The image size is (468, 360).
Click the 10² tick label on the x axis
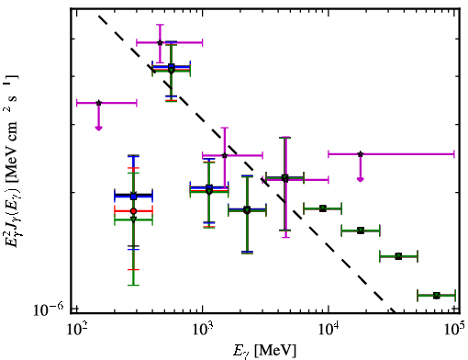(x=76, y=330)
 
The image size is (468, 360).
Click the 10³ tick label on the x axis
(x=202, y=330)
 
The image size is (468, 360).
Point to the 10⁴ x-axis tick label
(x=329, y=330)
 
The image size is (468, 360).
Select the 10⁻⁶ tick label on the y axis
(x=49, y=309)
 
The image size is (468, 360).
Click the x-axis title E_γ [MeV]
(x=264, y=351)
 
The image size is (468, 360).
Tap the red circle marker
(x=133, y=211)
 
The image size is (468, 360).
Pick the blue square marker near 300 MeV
(x=133, y=197)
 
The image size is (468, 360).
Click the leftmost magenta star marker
(x=98, y=103)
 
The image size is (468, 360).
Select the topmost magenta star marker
(x=160, y=42)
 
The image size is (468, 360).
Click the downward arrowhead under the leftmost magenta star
(x=98, y=129)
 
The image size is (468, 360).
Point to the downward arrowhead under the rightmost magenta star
(x=361, y=179)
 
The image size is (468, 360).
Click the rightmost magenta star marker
(x=361, y=154)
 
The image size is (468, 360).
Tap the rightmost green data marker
(x=437, y=296)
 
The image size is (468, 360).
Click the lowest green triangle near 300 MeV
(x=133, y=219)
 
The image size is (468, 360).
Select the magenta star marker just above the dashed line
(x=225, y=155)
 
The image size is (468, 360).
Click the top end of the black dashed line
(x=98, y=16)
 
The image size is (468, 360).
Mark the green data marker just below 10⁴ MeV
(x=322, y=208)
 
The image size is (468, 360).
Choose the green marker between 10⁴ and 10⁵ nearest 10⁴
(x=361, y=231)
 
